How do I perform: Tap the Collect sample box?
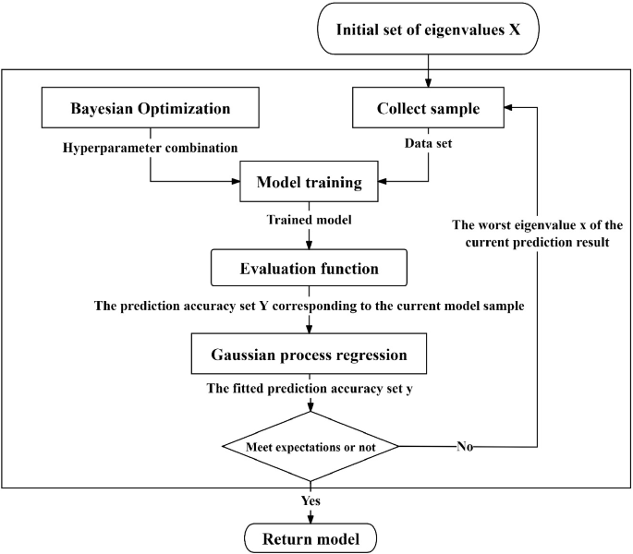428,108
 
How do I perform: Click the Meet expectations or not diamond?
310,447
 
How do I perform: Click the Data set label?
428,144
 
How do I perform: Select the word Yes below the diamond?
310,500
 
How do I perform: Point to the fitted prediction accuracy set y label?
310,389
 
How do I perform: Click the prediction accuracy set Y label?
310,305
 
